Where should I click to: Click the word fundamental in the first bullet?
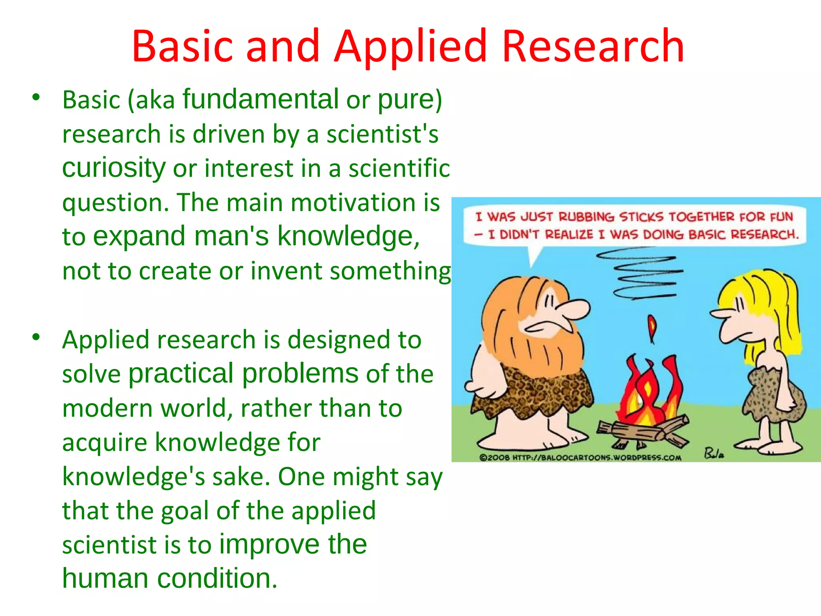(261, 99)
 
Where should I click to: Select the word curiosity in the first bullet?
(114, 168)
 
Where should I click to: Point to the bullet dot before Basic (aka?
(36, 97)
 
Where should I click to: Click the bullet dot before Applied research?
(36, 337)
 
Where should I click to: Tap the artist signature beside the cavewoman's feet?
(714, 454)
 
